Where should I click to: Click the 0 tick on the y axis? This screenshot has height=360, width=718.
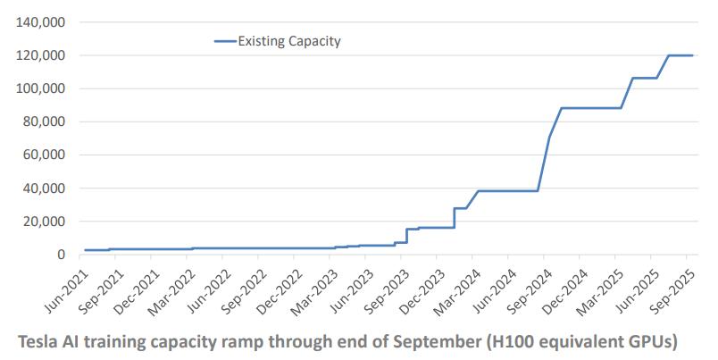(x=62, y=255)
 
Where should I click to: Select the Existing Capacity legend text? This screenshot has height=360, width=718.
(x=289, y=41)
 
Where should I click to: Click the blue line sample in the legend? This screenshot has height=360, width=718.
(x=225, y=41)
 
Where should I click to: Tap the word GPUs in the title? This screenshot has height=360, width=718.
(x=651, y=341)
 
